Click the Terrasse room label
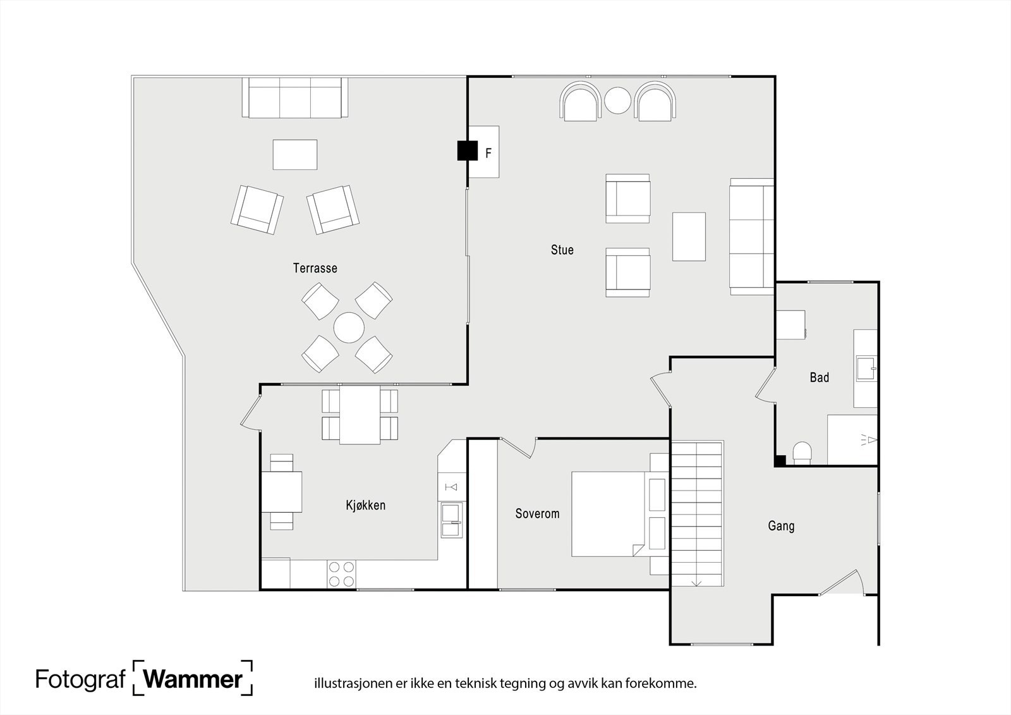[315, 268]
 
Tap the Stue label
[562, 250]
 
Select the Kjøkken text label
[366, 505]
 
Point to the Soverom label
[537, 513]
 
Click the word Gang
[781, 526]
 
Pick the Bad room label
[819, 377]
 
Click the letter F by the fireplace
[488, 154]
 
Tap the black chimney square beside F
[467, 150]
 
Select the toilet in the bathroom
[802, 453]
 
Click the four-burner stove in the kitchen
[341, 574]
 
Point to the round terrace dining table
[349, 328]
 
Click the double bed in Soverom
[609, 514]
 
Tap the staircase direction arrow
[696, 582]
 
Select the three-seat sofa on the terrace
[295, 97]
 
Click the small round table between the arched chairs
[617, 101]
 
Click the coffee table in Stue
[689, 236]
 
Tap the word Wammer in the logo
[193, 679]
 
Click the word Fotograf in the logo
[80, 680]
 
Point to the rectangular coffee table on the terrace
[294, 154]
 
